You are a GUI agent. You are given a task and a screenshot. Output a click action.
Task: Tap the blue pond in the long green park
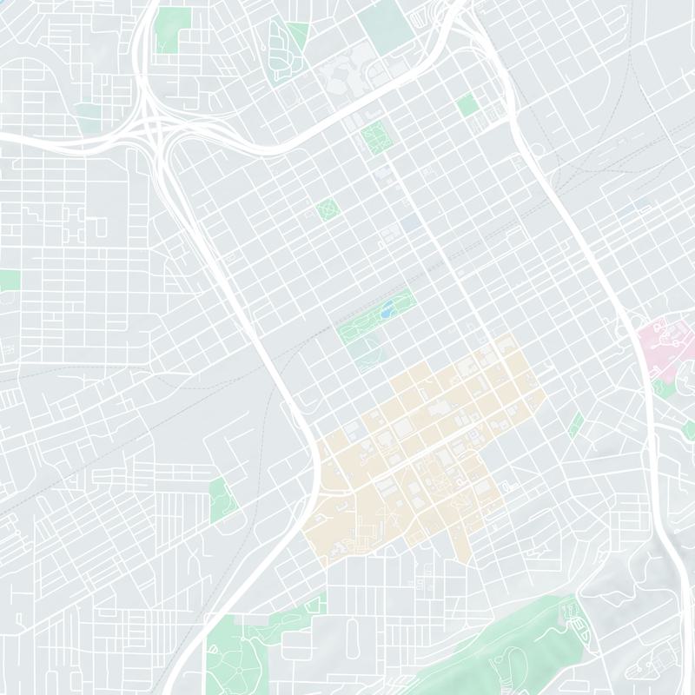[386, 309]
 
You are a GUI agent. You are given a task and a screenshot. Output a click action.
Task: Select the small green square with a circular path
[328, 208]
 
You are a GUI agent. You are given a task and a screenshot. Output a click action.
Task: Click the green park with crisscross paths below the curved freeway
[376, 137]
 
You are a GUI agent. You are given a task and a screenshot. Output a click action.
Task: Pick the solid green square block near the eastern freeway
[467, 106]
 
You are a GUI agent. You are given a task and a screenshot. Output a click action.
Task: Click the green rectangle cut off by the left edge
[9, 280]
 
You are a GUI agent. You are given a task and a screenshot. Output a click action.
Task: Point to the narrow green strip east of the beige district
[575, 424]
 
